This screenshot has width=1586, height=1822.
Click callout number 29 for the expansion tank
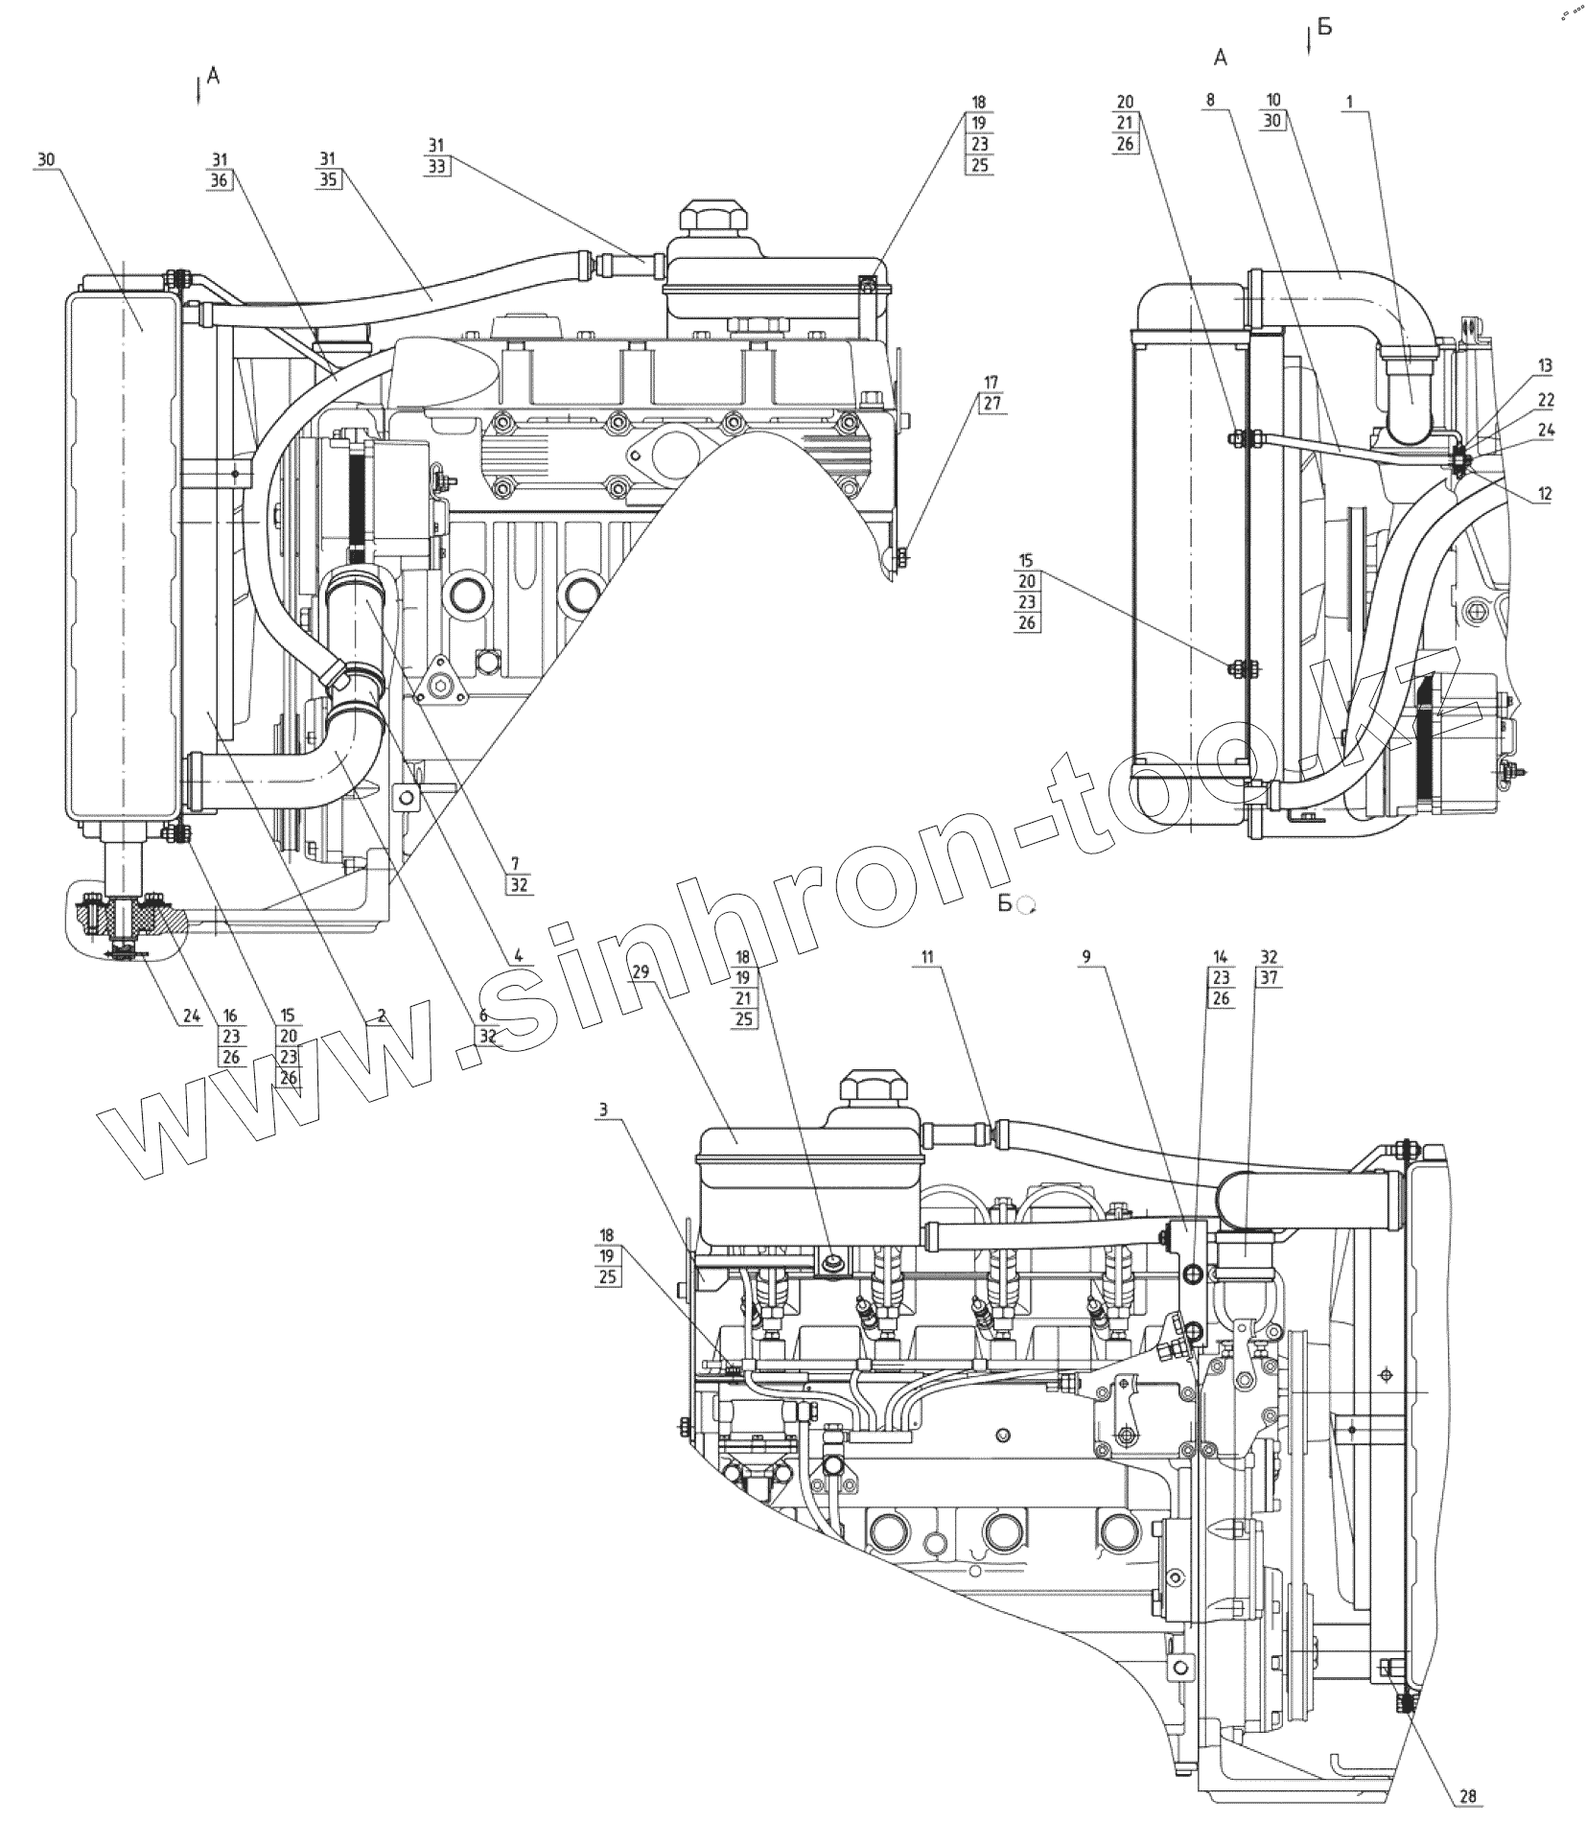(x=641, y=971)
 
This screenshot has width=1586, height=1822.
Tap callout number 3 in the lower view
(x=602, y=1110)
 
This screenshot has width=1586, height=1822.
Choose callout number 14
(x=1220, y=957)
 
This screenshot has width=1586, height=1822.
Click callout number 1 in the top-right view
(x=1349, y=101)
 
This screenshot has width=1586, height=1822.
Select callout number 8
(x=1210, y=100)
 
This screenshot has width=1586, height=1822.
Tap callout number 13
(x=1544, y=365)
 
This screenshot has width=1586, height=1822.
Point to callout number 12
(x=1544, y=494)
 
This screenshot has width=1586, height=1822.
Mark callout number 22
(x=1545, y=399)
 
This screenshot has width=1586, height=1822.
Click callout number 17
(x=991, y=383)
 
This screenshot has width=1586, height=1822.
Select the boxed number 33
(x=437, y=165)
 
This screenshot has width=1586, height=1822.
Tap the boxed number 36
(x=221, y=179)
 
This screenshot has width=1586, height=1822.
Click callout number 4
(x=518, y=955)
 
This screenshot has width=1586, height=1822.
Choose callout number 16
(x=231, y=1016)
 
